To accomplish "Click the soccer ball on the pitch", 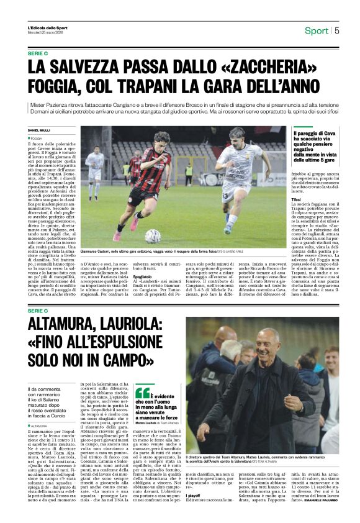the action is tap(153, 235).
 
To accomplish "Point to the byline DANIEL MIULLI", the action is tap(40, 130).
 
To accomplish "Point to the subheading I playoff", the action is tap(194, 496).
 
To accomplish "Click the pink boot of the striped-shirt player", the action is tap(133, 222).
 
